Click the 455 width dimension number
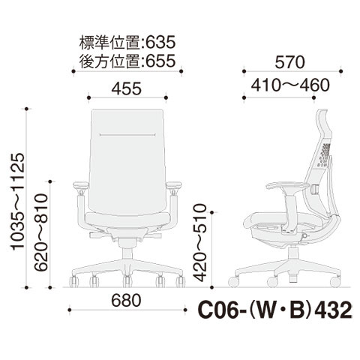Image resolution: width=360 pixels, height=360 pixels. pyautogui.click(x=127, y=88)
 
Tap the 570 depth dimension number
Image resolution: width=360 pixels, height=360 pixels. pyautogui.click(x=292, y=61)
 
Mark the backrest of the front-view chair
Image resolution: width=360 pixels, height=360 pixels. pyautogui.click(x=127, y=154)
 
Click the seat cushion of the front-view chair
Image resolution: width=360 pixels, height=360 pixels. pyautogui.click(x=127, y=218)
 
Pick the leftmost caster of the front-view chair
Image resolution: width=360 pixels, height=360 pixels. pyautogui.click(x=73, y=281)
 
